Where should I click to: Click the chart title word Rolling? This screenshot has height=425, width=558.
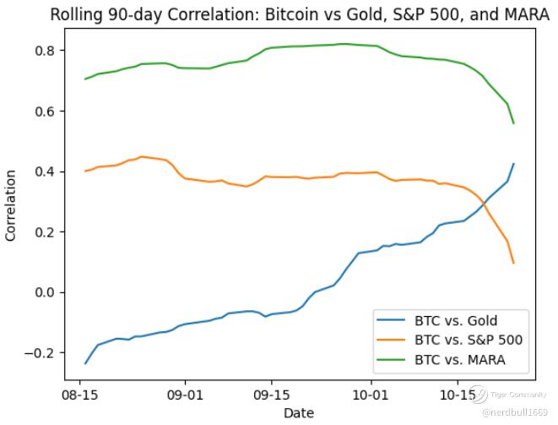click(77, 14)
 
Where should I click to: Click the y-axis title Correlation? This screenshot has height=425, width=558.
click(11, 205)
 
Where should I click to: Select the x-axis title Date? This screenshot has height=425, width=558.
click(299, 412)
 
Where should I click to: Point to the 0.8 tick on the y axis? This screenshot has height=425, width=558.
click(42, 51)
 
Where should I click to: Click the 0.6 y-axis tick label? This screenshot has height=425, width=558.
click(42, 112)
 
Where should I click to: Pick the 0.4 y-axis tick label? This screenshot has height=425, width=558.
click(42, 172)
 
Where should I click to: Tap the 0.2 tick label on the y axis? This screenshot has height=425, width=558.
click(42, 232)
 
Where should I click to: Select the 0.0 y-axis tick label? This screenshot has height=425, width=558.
click(42, 292)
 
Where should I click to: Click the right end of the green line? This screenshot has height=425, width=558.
click(513, 123)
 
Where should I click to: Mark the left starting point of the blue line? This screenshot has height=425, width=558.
click(85, 363)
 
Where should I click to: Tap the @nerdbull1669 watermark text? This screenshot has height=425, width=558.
click(516, 411)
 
